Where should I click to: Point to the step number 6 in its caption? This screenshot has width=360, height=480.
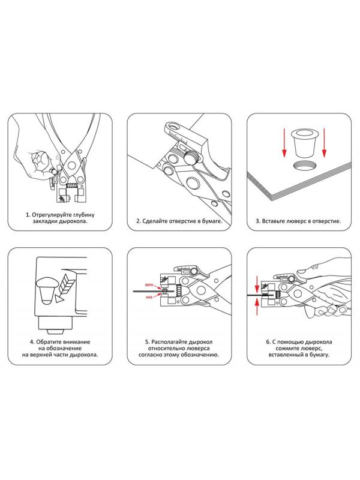pyautogui.click(x=266, y=343)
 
